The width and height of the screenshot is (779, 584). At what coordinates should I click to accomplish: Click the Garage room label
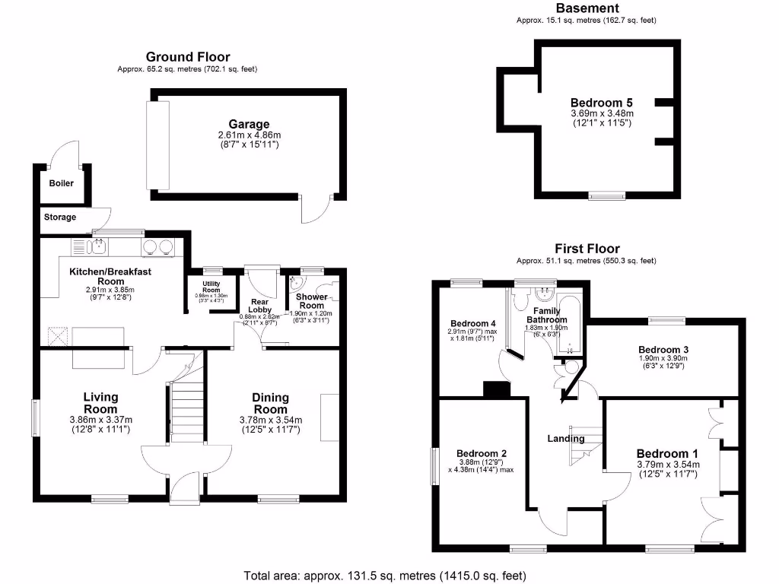[x=249, y=124]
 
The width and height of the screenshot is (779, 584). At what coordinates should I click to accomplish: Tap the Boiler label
[x=62, y=183]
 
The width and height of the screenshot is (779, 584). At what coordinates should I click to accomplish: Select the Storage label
[x=60, y=217]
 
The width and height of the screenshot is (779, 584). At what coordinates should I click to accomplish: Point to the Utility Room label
[x=211, y=287]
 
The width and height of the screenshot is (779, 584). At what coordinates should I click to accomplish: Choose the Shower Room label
[x=312, y=300]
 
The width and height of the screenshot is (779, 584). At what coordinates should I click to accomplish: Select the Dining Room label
[x=271, y=402]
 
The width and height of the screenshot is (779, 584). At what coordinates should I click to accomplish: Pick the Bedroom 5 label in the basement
[x=602, y=103]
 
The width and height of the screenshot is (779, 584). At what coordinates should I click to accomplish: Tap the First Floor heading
[x=586, y=249]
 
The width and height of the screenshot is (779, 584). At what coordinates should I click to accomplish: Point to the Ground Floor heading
[x=187, y=57]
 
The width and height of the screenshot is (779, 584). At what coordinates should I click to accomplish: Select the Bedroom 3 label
[x=663, y=350]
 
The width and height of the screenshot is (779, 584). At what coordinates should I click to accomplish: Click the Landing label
[x=566, y=438]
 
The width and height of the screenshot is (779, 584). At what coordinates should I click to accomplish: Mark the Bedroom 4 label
[x=472, y=322]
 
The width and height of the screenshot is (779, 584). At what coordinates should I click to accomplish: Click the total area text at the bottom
[x=385, y=576]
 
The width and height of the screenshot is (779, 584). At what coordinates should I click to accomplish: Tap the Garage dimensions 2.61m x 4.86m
[x=249, y=135]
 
